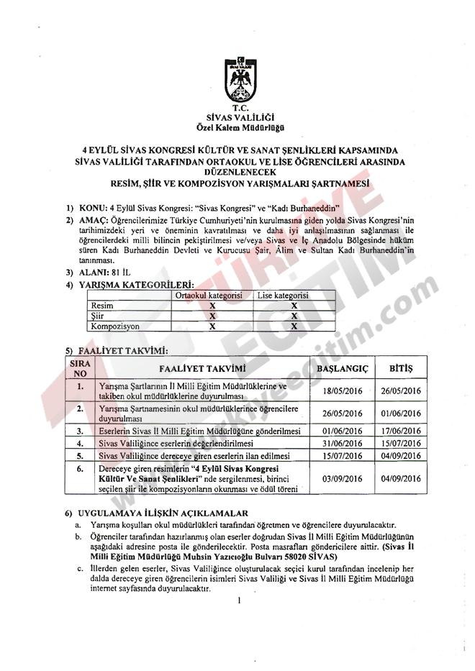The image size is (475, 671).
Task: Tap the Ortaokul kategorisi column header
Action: click(212, 296)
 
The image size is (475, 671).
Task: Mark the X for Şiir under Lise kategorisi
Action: click(294, 316)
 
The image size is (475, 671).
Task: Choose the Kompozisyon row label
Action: click(115, 326)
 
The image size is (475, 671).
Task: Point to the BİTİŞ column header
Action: click(400, 368)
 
